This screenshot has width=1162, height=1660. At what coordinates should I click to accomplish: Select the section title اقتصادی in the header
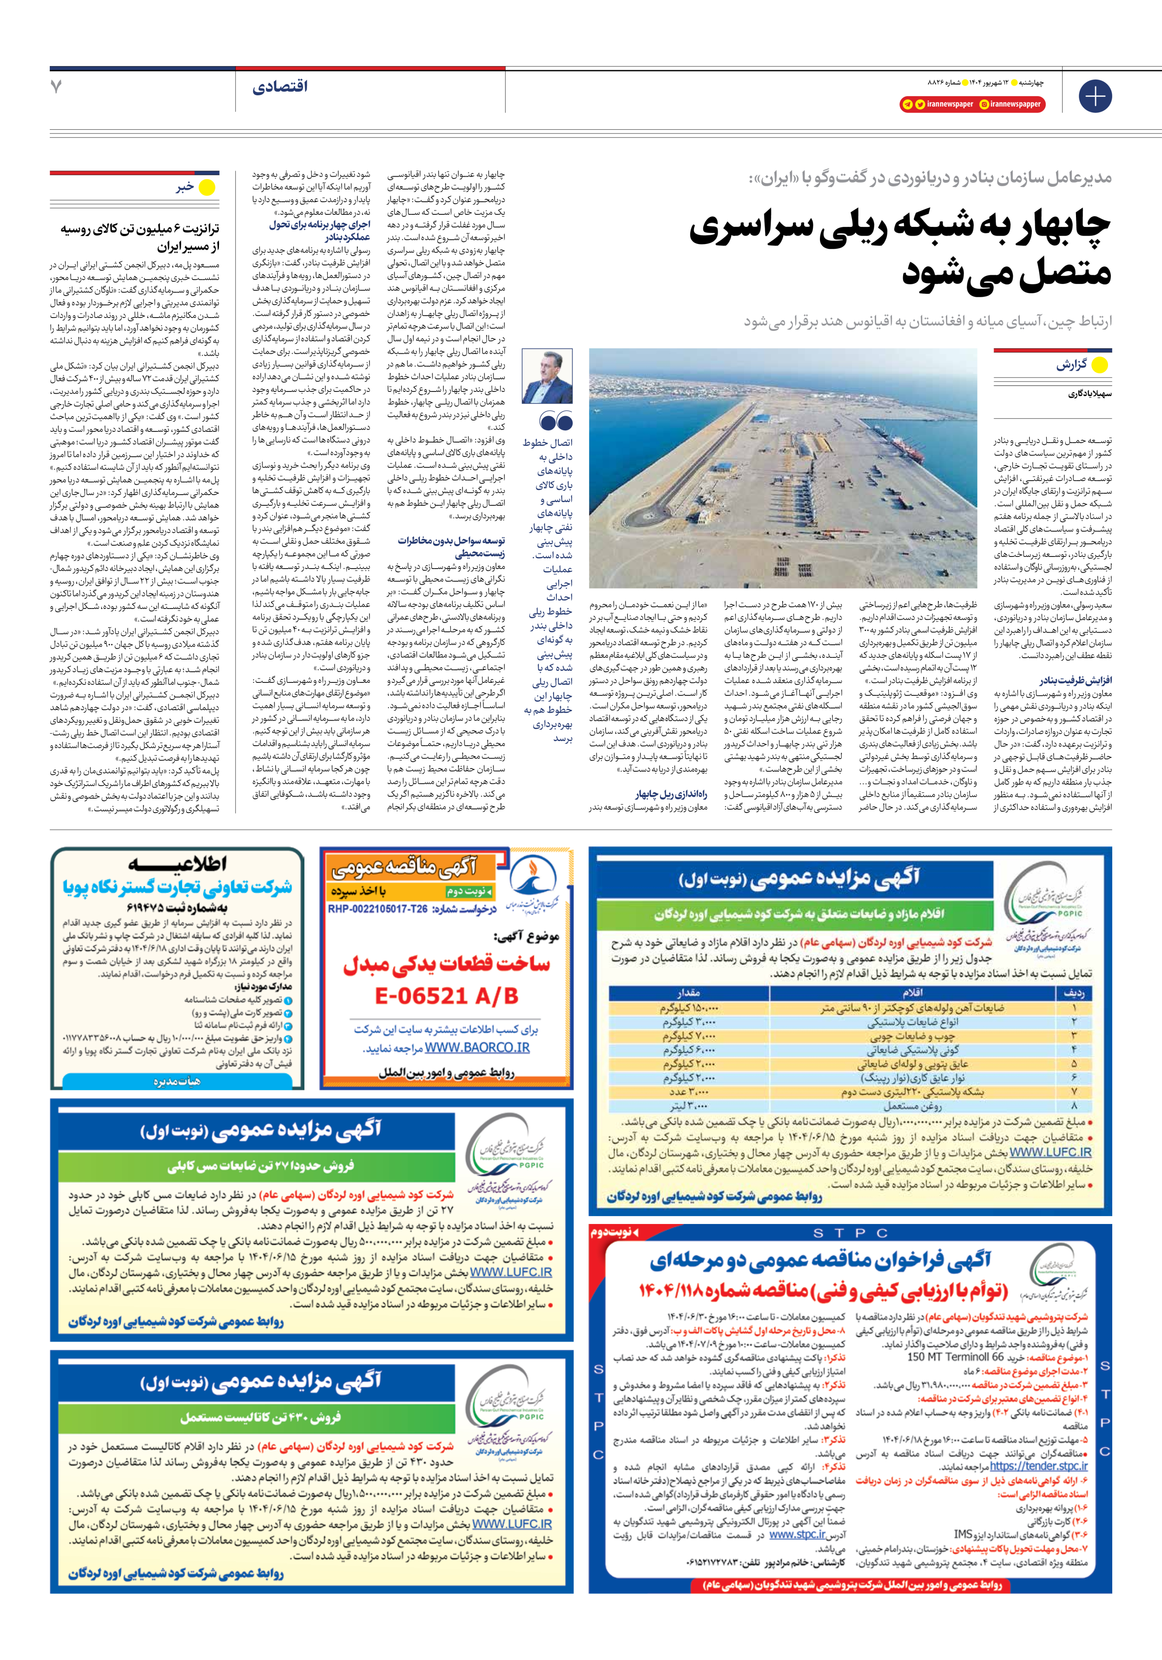click(x=280, y=87)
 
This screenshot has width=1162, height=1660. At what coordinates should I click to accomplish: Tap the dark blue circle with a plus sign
click(x=1095, y=95)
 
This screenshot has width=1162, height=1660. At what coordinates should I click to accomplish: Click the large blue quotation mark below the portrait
click(x=556, y=421)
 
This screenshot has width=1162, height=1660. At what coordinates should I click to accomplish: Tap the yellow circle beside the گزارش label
click(x=1099, y=365)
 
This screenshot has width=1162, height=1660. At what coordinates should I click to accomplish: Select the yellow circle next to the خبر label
click(x=207, y=188)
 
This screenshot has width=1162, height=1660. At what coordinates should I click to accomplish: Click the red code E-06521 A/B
click(x=446, y=996)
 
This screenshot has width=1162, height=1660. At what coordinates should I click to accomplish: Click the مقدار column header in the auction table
click(x=688, y=992)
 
